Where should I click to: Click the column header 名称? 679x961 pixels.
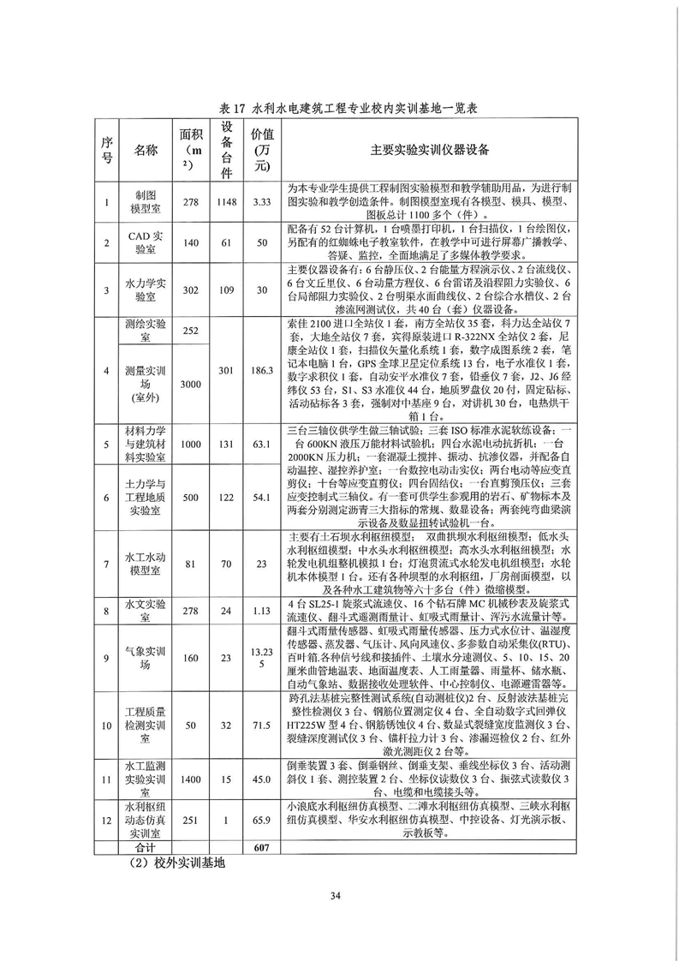pyautogui.click(x=146, y=150)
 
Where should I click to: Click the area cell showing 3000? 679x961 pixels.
pyautogui.click(x=190, y=385)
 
